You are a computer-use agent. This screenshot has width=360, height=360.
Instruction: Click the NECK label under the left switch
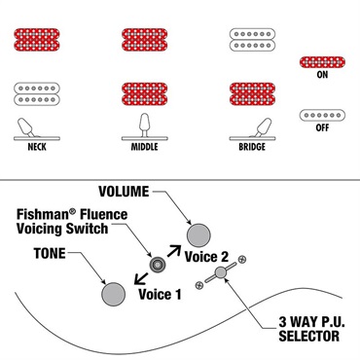(37, 147)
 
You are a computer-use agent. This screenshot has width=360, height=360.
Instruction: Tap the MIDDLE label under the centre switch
(144, 147)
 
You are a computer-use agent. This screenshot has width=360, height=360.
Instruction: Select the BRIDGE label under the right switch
(252, 147)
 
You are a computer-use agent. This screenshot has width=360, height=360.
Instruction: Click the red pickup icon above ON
(322, 62)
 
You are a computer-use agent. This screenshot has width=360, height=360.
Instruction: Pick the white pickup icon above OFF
(322, 115)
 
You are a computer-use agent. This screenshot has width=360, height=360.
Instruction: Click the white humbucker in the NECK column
(37, 93)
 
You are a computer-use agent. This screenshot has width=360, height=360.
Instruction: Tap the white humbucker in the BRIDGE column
(252, 40)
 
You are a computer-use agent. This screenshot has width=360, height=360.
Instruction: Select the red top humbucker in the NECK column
(37, 40)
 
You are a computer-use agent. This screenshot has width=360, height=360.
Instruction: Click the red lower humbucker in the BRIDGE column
(252, 93)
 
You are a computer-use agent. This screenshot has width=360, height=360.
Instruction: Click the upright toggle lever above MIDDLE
(144, 125)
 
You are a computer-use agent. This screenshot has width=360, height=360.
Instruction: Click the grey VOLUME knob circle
(198, 235)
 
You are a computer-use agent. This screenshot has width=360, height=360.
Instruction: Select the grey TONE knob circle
(113, 294)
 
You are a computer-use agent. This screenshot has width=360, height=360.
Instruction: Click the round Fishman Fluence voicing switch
(158, 265)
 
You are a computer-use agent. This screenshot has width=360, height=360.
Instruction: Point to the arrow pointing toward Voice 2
(174, 251)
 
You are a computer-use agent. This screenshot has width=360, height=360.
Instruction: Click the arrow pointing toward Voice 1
(141, 278)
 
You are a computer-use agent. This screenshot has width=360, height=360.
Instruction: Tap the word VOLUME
(124, 192)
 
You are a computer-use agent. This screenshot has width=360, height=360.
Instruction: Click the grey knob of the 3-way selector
(221, 272)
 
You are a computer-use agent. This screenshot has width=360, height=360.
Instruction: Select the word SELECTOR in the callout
(309, 336)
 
